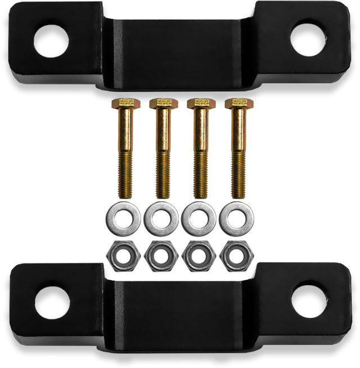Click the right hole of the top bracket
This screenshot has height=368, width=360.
point(308,38)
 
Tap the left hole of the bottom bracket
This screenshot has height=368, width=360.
point(52,303)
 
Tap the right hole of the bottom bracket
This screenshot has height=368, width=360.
point(309,300)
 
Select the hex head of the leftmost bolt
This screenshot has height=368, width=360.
point(124,103)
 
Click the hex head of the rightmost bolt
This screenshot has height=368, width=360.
point(238,103)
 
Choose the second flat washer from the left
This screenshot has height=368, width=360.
point(161,218)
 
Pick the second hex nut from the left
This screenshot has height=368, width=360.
point(161,257)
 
